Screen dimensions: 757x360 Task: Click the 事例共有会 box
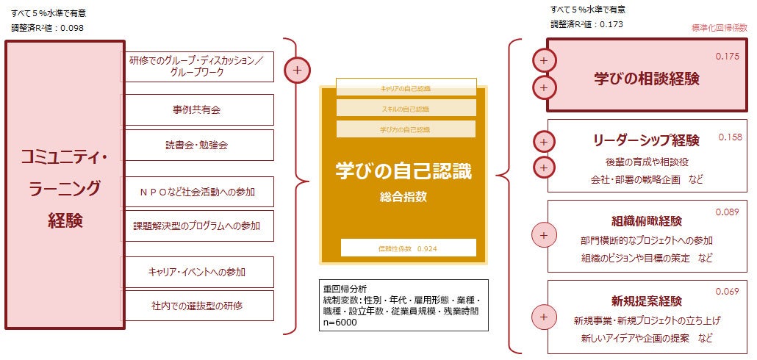click(197, 109)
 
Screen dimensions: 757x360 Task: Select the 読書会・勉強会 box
click(197, 145)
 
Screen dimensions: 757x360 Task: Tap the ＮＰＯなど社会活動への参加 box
click(197, 191)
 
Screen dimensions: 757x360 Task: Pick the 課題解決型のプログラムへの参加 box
click(197, 225)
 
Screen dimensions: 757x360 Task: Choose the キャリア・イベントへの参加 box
click(197, 272)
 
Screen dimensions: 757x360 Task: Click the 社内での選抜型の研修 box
click(197, 305)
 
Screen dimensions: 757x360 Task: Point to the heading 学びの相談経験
click(646, 78)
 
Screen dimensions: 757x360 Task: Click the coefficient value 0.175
click(727, 57)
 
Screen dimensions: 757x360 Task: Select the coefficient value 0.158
click(730, 137)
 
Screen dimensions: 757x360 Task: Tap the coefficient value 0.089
click(727, 212)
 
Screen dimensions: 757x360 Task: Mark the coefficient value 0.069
click(727, 292)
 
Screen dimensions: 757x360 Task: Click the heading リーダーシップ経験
click(646, 140)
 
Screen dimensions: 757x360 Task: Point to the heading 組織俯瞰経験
click(646, 221)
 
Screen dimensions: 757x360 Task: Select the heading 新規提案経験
click(646, 300)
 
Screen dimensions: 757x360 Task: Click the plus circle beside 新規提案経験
click(544, 317)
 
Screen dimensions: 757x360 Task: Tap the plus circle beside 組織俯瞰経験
click(544, 236)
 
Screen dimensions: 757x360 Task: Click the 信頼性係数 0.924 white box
click(408, 248)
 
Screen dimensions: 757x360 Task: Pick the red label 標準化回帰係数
click(719, 27)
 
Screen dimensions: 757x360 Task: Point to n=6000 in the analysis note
click(340, 322)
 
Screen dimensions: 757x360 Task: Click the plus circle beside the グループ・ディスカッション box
click(297, 71)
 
